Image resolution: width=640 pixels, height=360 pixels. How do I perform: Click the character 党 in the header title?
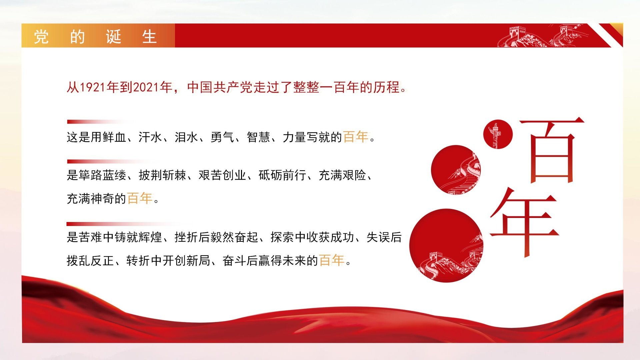tap(41, 36)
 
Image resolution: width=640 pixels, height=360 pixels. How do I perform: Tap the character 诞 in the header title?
tap(114, 36)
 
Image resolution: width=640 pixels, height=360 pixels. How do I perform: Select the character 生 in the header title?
tap(149, 36)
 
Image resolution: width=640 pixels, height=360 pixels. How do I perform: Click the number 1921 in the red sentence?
tap(93, 87)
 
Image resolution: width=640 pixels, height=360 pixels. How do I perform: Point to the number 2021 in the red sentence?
tap(146, 87)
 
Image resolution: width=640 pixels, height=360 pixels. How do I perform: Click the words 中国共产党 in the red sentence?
tap(220, 87)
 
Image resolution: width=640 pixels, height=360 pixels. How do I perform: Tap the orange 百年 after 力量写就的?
tap(356, 137)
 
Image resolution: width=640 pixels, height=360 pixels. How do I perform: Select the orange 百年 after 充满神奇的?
tap(140, 198)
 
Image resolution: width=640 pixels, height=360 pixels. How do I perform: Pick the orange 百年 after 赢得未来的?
tap(331, 260)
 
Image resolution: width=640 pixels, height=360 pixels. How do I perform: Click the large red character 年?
tap(524, 222)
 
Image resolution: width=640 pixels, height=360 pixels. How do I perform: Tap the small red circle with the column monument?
tap(498, 134)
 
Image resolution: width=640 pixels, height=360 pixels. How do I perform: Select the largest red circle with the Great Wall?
tap(446, 246)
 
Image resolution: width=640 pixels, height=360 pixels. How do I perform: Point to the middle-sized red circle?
tap(456, 170)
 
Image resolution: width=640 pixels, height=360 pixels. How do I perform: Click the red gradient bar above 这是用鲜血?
tap(100, 122)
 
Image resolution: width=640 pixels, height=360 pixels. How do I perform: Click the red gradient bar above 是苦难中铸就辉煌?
tap(130, 224)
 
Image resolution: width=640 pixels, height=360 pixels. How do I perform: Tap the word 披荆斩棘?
tap(162, 175)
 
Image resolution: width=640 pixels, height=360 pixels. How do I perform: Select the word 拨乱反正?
tap(90, 261)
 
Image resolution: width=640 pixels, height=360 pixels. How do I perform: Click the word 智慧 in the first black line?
tap(258, 137)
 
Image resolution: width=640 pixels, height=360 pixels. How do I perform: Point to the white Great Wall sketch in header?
tap(543, 36)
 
